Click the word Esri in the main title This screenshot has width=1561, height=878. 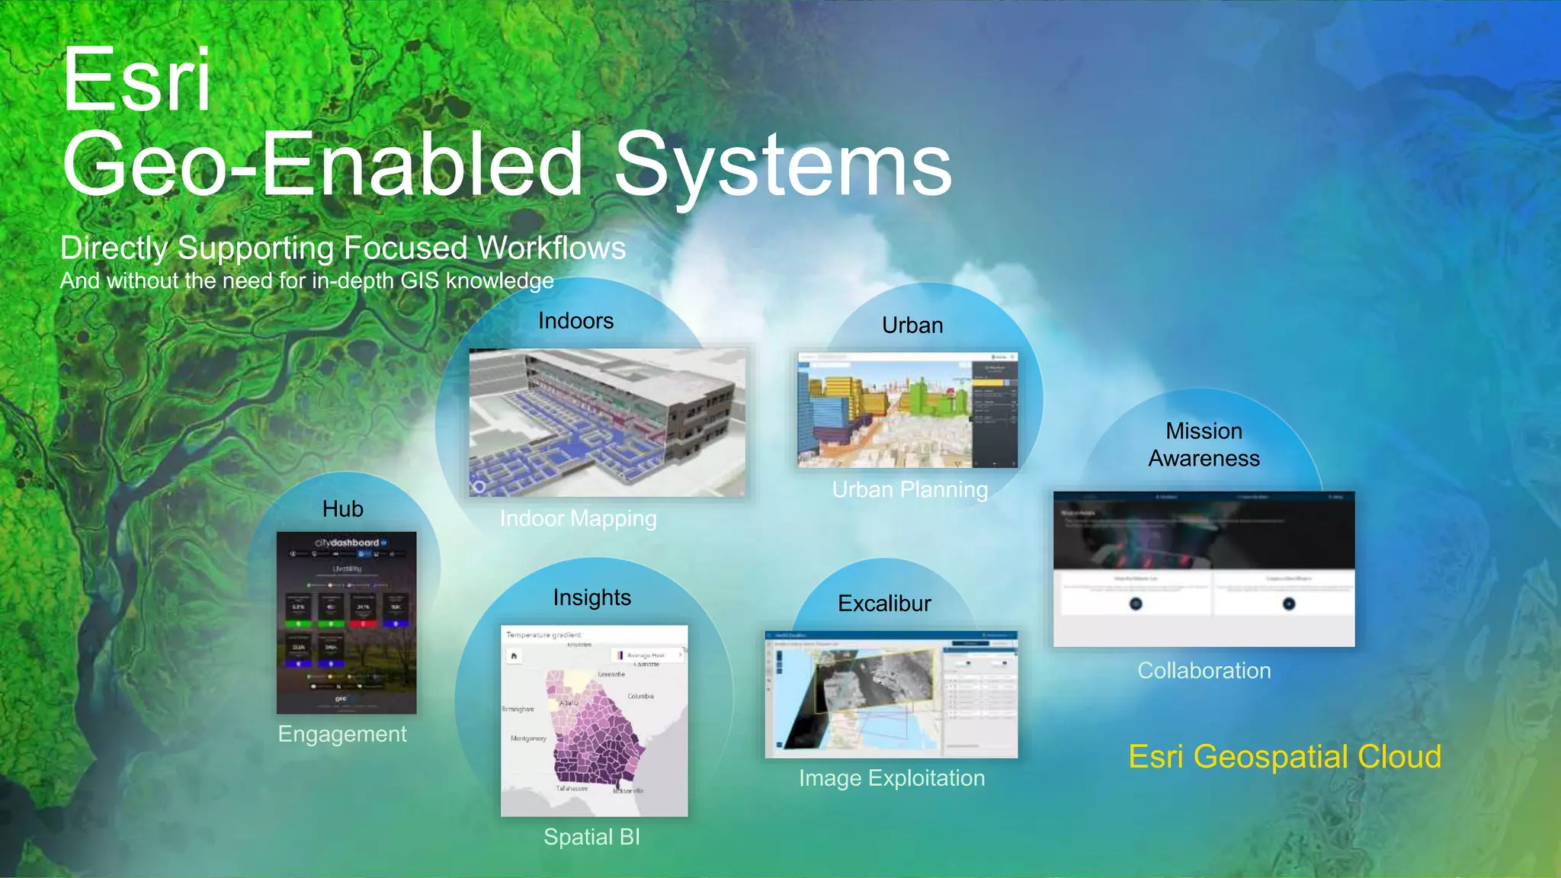tap(136, 81)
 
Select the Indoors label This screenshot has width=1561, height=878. tap(575, 321)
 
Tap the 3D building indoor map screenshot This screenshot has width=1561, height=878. tap(607, 423)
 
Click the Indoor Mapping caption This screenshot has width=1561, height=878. tap(578, 519)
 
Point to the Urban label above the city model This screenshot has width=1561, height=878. tap(912, 325)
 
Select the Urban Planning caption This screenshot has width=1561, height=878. tap(909, 489)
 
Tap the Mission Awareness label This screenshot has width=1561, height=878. tap(1204, 444)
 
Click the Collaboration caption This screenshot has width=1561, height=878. tap(1204, 671)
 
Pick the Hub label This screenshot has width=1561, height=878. tap(342, 509)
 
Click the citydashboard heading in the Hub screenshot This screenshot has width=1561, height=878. tap(347, 543)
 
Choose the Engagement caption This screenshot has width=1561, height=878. tap(341, 734)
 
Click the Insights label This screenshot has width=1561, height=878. tap(591, 598)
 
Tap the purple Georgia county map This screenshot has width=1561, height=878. tap(595, 732)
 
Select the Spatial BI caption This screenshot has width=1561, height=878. tap(591, 837)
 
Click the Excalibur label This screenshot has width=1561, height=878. tap(884, 604)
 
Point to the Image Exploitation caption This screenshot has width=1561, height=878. tap(891, 778)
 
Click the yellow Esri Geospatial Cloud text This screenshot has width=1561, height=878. tap(1284, 757)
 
